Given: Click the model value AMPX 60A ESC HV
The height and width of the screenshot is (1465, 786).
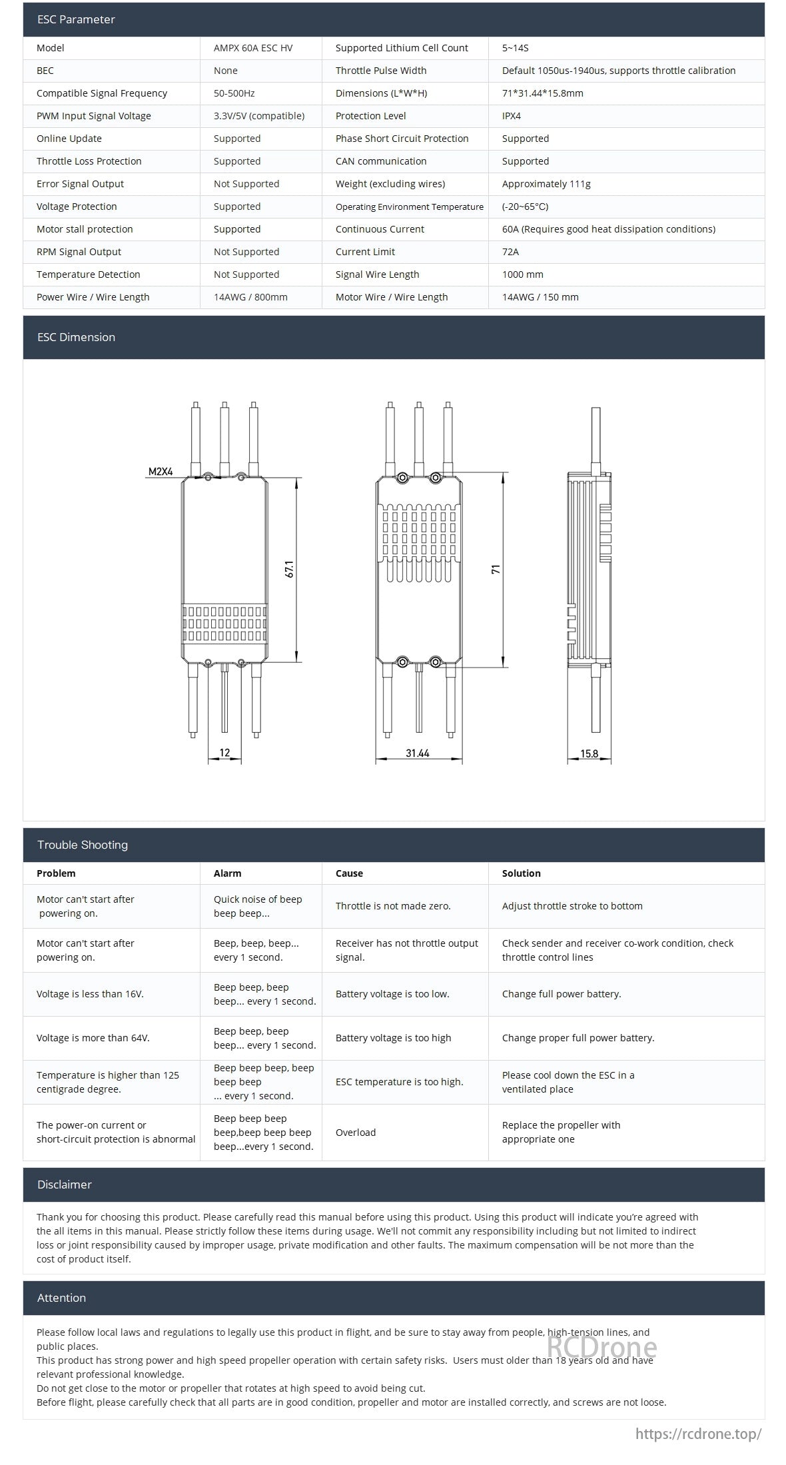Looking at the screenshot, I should (252, 48).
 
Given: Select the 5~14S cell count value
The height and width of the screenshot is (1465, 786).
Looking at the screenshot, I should (515, 48).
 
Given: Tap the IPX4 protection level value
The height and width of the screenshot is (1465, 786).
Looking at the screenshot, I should (511, 116).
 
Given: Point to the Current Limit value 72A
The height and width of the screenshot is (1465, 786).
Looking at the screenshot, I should (510, 252).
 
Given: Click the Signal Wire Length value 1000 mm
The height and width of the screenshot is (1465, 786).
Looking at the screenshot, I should (522, 274).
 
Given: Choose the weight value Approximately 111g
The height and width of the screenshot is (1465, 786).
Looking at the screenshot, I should (546, 184).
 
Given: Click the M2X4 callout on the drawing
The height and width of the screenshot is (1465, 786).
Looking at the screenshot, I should (161, 472).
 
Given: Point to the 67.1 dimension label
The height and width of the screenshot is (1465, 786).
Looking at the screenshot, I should (289, 569).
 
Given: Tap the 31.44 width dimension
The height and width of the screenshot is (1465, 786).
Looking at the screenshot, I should (418, 753).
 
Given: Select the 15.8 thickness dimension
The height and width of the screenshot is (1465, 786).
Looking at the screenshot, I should (589, 754).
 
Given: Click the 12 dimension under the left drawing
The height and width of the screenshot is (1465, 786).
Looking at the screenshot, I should (224, 753).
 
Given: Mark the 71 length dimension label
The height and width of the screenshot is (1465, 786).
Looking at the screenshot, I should (496, 570).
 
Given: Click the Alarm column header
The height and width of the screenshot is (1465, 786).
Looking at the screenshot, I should (227, 873).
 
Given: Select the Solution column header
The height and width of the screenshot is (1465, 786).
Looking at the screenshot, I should (521, 873).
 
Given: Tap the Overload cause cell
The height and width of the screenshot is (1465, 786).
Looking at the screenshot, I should (356, 1133).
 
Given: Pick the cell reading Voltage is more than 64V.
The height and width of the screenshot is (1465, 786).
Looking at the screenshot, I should (93, 1038).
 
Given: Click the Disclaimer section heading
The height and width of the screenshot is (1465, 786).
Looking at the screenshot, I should (64, 1185).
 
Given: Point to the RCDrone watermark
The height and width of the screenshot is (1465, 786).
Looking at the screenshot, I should (601, 1347).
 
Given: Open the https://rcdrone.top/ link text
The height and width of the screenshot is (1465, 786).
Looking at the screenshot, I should (698, 1434).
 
